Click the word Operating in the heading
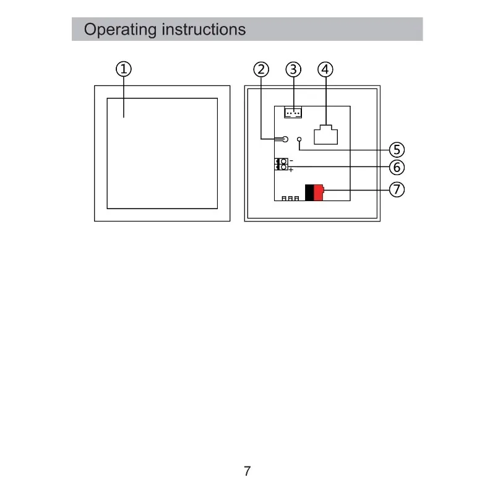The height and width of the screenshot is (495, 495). click(120, 30)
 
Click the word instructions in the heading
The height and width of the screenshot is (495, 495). click(204, 29)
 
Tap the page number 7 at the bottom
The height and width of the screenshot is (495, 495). click(247, 471)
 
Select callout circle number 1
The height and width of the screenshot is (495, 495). click(124, 69)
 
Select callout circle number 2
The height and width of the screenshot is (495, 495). click(261, 69)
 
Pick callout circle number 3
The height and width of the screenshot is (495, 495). click(293, 69)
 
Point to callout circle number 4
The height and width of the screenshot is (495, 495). click(325, 69)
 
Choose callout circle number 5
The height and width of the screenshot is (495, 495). click(397, 150)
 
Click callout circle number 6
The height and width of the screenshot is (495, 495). click(397, 167)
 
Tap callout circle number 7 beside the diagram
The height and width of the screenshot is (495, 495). click(397, 189)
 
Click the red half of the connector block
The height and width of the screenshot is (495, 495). click(319, 192)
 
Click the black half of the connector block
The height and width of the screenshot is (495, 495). click(309, 192)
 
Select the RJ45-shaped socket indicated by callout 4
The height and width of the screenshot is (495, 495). click(326, 135)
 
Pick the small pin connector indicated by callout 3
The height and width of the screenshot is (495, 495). click(293, 113)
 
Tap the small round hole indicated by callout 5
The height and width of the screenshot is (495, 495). click(299, 139)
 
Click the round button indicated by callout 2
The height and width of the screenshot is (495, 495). click(285, 139)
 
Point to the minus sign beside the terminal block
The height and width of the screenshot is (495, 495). click(291, 161)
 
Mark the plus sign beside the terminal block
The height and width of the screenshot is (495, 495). click(291, 170)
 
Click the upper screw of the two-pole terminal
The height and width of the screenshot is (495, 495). click(283, 161)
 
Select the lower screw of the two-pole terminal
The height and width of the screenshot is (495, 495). click(283, 167)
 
